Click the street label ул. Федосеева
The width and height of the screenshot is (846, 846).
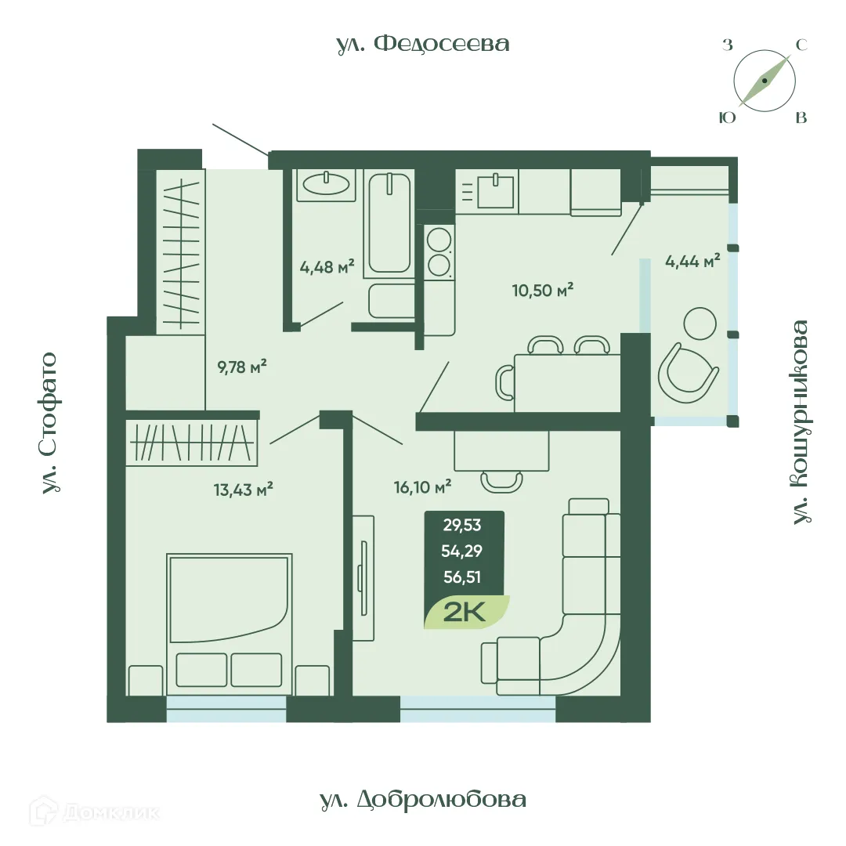423,44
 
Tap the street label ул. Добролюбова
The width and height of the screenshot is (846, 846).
423,800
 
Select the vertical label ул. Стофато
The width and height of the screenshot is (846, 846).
49,423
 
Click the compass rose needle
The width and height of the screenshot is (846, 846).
765,81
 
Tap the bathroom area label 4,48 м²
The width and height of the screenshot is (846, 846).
327,266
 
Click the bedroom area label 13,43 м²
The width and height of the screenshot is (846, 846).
243,490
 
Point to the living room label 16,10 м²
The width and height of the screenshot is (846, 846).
423,487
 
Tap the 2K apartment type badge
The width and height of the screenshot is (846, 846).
466,612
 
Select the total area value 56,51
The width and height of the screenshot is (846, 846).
461,577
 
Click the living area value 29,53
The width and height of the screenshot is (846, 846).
461,526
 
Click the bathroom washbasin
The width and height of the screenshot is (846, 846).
327,184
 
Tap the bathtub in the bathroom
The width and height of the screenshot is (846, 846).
389,223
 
